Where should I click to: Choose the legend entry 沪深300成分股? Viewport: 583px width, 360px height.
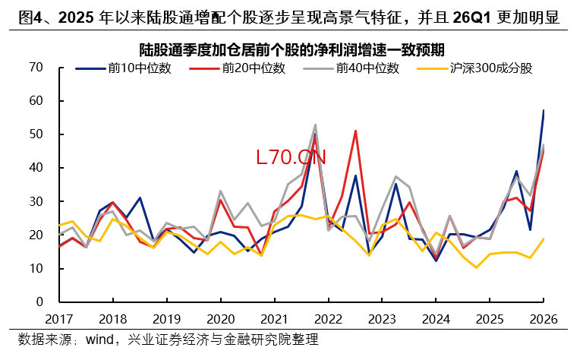coord(490,68)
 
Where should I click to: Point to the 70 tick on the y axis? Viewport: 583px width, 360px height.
coord(35,67)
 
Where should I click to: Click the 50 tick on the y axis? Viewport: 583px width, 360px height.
coord(35,134)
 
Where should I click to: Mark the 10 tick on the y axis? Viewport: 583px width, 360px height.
coord(35,269)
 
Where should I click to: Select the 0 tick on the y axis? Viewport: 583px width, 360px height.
coord(39,302)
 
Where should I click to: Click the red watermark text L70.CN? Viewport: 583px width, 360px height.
coord(291,157)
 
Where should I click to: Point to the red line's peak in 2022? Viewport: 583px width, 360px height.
coord(355,131)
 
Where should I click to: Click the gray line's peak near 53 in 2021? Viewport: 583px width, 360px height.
coord(315,125)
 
